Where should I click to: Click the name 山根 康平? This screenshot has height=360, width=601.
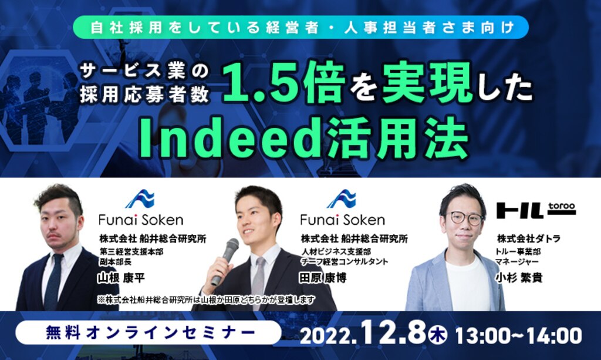click(x=121, y=278)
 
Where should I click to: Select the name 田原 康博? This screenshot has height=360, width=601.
click(x=323, y=278)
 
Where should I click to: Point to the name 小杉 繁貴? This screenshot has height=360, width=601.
click(x=519, y=278)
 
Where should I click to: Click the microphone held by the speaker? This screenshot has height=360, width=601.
click(x=225, y=261)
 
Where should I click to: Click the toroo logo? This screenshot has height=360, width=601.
click(x=536, y=210)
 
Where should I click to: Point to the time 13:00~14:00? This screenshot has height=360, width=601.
click(x=518, y=335)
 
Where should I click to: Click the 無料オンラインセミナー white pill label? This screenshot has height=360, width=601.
click(x=148, y=332)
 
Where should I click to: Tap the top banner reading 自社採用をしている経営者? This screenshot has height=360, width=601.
click(x=300, y=28)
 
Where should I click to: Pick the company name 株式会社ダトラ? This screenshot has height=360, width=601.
click(x=529, y=238)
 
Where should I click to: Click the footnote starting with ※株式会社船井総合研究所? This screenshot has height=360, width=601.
click(x=206, y=300)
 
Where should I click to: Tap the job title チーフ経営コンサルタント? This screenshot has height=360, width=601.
click(x=345, y=262)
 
